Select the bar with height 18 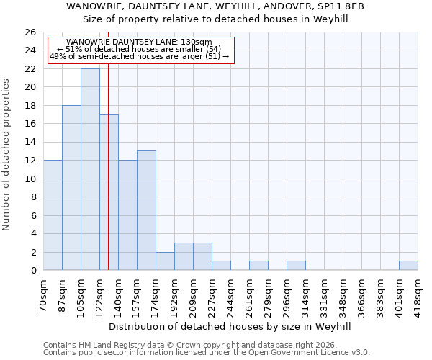[x=71, y=187]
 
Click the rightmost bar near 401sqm [x=408, y=265]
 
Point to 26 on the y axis [x=30, y=32]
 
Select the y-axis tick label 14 [x=30, y=142]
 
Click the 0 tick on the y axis [x=32, y=270]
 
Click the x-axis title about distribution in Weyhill [x=230, y=326]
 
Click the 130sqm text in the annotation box [x=197, y=42]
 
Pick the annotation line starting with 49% [x=140, y=56]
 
